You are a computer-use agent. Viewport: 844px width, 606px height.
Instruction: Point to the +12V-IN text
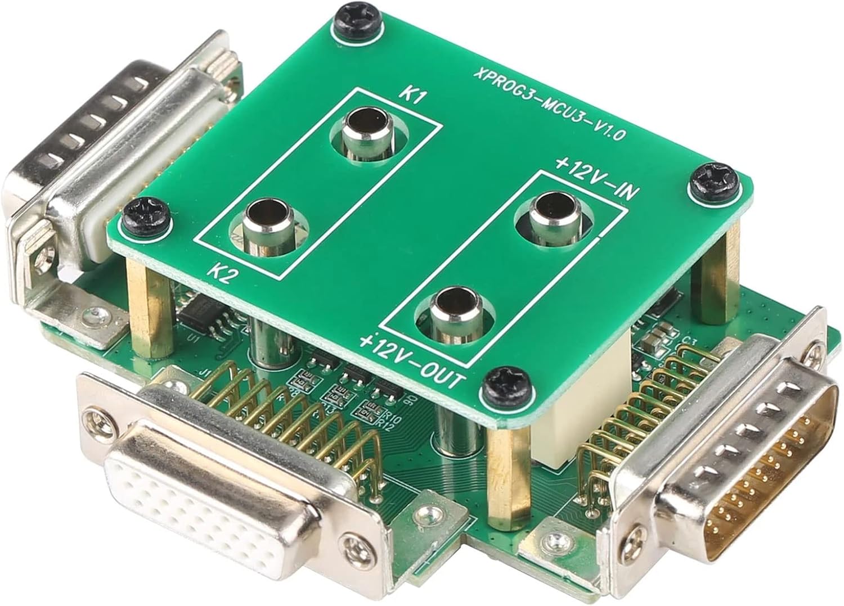click(596, 179)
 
